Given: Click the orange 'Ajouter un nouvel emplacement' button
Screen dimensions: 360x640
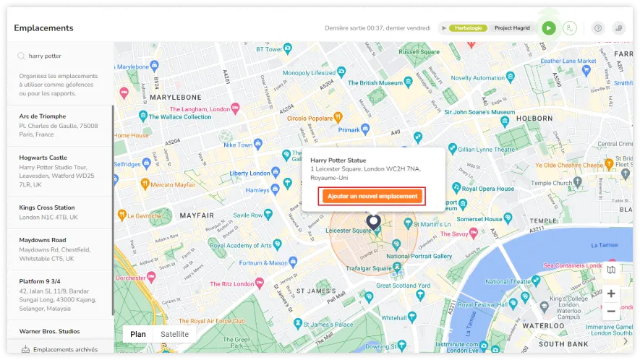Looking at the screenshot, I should coord(372,196).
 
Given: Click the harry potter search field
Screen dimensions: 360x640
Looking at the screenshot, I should coord(65,56).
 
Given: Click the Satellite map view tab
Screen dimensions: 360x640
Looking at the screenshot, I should coord(174,334).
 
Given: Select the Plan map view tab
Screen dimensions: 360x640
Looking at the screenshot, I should coord(137,334).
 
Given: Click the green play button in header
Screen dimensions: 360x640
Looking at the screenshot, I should coord(549,28).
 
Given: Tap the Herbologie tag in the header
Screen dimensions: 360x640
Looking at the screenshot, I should coord(469,28).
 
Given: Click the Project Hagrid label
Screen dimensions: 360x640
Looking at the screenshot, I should coord(512,28).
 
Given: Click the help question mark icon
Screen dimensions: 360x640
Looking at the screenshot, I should coord(598,28).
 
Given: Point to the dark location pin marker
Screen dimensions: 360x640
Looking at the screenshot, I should coord(373,221).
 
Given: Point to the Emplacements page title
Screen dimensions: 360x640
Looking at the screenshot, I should coord(43,28).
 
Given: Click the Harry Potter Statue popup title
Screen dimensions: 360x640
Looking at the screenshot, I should coord(338,160).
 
